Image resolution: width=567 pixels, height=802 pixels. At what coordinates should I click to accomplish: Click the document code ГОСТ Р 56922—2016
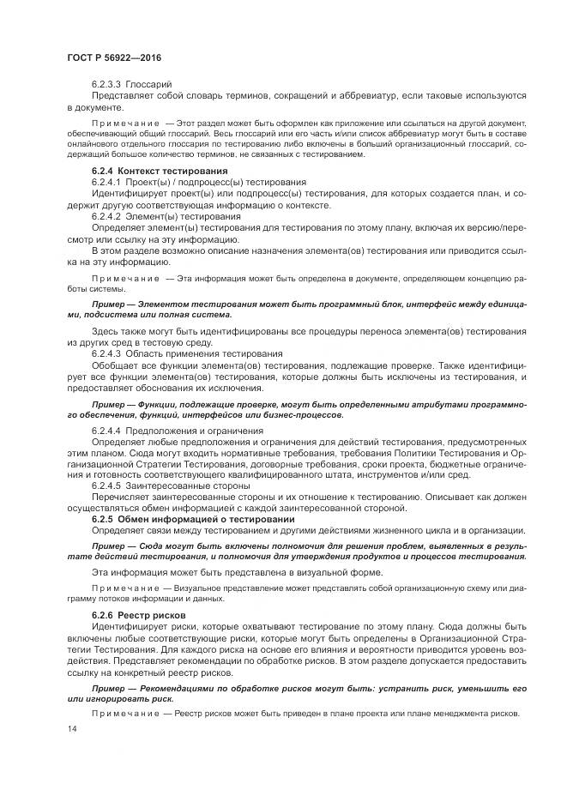point(114,57)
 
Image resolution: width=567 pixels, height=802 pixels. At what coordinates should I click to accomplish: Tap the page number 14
point(71,728)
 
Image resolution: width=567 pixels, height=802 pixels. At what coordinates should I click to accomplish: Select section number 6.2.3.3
point(106,85)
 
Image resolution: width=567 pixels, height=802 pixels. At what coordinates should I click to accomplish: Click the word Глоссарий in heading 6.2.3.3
point(149,85)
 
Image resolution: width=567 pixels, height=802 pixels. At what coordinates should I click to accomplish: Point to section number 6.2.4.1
point(106,183)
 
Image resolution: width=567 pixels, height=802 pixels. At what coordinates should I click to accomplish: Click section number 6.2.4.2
point(106,216)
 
